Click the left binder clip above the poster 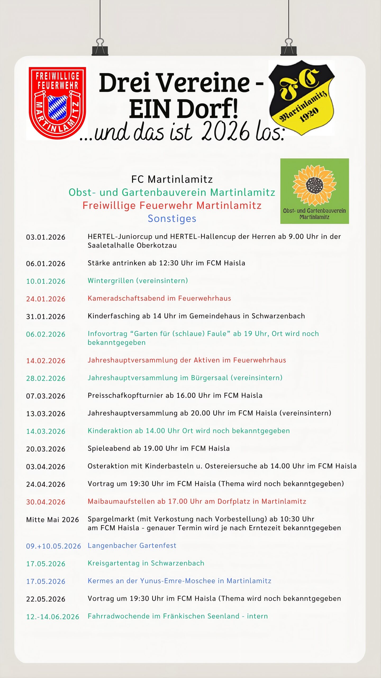point(100,48)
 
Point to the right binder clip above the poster point(289,48)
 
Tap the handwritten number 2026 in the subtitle point(225,132)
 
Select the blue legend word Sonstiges point(172,218)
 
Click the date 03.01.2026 point(46,237)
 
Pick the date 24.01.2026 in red point(46,299)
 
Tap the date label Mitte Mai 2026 point(52,520)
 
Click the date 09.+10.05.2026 point(53,546)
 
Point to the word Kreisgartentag point(114,563)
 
